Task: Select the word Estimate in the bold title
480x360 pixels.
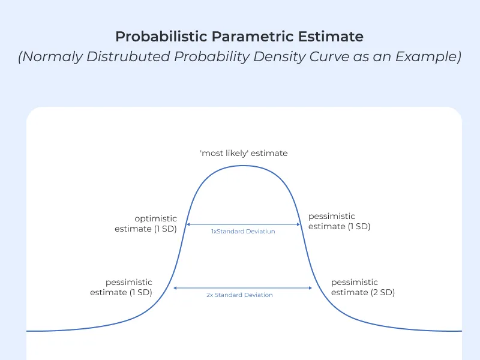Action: [x=333, y=37]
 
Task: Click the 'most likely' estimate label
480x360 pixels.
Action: [x=244, y=153]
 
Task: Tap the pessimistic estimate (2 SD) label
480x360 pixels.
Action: [x=362, y=287]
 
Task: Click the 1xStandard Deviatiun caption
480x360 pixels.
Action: [x=243, y=231]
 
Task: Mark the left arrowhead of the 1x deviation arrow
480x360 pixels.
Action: [x=188, y=224]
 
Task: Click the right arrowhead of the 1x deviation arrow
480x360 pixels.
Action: [x=298, y=224]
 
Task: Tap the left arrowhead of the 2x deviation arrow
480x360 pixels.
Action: [x=175, y=288]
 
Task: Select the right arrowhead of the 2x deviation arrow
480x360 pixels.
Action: [x=311, y=288]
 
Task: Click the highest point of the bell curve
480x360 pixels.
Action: [x=243, y=165]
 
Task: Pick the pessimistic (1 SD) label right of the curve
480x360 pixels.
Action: [x=338, y=221]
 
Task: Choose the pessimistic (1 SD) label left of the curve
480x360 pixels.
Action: [x=121, y=287]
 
